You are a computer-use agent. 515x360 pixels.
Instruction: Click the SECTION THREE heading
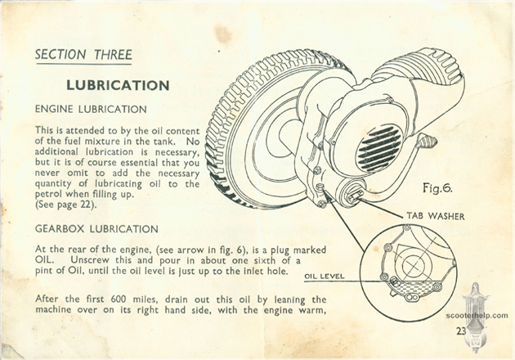click(83, 54)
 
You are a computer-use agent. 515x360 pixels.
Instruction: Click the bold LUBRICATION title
click(118, 85)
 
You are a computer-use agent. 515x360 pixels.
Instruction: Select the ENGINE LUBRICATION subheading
click(91, 109)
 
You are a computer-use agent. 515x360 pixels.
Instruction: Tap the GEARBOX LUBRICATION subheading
click(96, 229)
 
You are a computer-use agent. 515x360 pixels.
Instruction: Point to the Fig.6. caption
click(438, 188)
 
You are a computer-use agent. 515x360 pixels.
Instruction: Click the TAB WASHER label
click(436, 216)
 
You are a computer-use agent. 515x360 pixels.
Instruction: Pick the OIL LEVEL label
click(325, 277)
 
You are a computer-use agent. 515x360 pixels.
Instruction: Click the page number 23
click(461, 331)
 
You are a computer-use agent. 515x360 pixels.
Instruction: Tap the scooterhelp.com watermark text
click(477, 316)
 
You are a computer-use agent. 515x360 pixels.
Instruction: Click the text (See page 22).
click(66, 205)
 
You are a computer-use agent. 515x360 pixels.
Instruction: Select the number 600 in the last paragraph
click(119, 299)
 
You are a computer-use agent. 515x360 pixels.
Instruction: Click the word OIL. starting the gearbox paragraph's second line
click(43, 259)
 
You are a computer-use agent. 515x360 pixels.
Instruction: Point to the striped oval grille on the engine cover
click(379, 149)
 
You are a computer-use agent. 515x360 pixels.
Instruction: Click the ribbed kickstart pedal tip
click(427, 141)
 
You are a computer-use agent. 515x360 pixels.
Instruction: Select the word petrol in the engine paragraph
click(49, 195)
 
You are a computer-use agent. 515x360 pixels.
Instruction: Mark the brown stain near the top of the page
click(223, 34)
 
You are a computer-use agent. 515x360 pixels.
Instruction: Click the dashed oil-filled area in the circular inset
click(413, 288)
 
